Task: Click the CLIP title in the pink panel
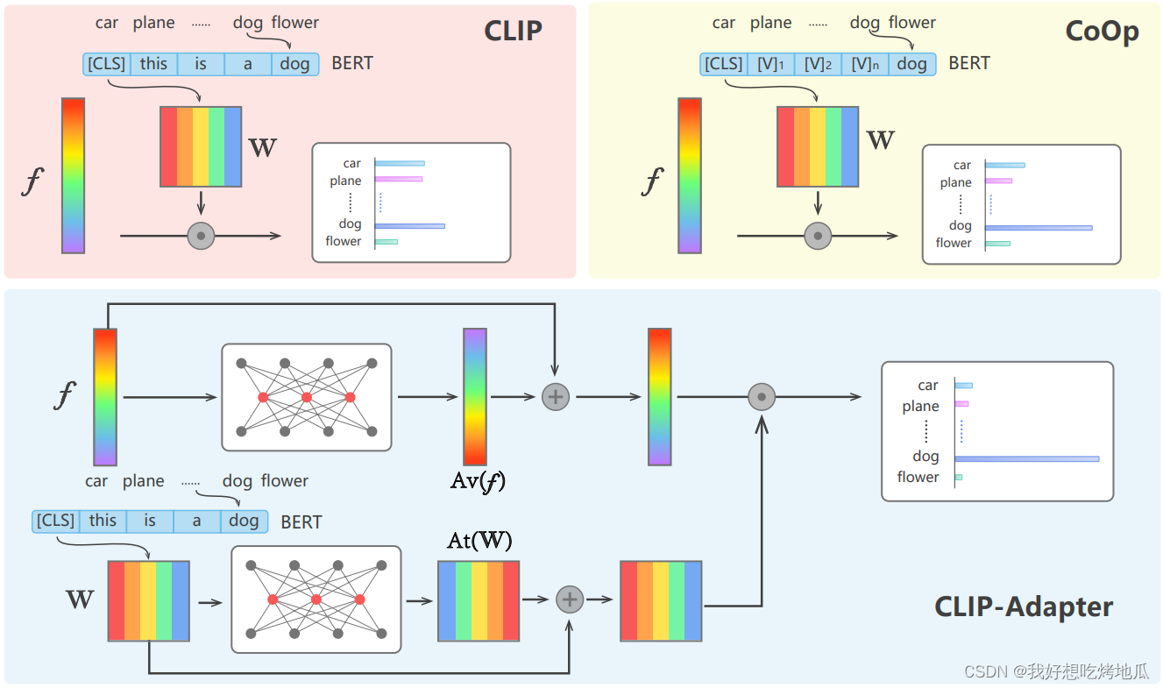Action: pyautogui.click(x=513, y=31)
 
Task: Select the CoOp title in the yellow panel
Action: pyautogui.click(x=1102, y=31)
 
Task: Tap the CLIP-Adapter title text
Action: pyautogui.click(x=1024, y=606)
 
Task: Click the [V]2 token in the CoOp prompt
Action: pyautogui.click(x=817, y=64)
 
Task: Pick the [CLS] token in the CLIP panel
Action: pyautogui.click(x=107, y=64)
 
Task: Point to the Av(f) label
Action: pyautogui.click(x=478, y=480)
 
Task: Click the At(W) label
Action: pyautogui.click(x=479, y=540)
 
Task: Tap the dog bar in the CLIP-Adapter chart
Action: pyautogui.click(x=1026, y=458)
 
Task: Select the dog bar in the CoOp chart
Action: pyautogui.click(x=1039, y=227)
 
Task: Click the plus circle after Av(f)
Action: pyautogui.click(x=555, y=396)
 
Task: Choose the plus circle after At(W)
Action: pyautogui.click(x=570, y=599)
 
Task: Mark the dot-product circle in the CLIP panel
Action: pyautogui.click(x=202, y=236)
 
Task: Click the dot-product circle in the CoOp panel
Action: pyautogui.click(x=818, y=236)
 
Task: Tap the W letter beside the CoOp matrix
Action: pyautogui.click(x=880, y=140)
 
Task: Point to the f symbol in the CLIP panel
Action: pyautogui.click(x=31, y=182)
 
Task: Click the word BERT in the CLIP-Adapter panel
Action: pyautogui.click(x=301, y=522)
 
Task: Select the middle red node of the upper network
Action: pyautogui.click(x=307, y=397)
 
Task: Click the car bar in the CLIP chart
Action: pyautogui.click(x=400, y=163)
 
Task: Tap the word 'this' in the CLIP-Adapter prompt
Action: pyautogui.click(x=103, y=521)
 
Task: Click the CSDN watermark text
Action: pyautogui.click(x=1055, y=671)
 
